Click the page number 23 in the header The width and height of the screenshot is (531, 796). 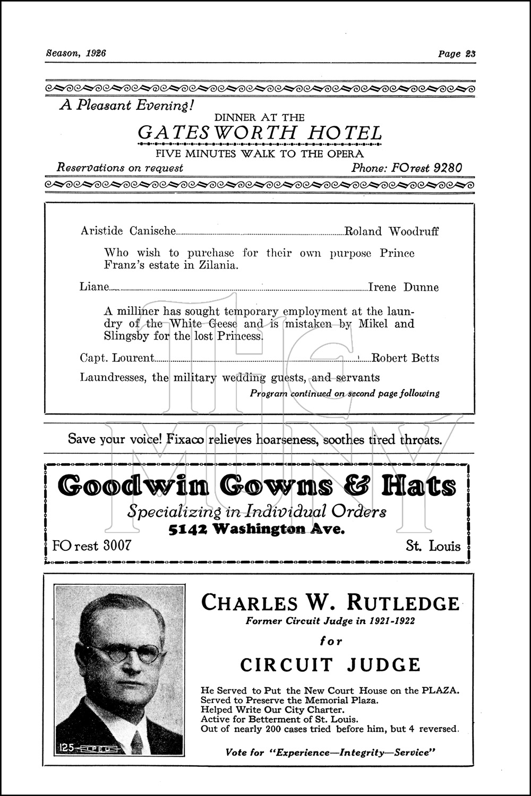470,54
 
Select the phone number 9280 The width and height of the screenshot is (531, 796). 448,168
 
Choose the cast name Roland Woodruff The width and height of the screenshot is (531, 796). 392,231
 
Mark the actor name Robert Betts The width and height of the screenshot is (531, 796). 405,358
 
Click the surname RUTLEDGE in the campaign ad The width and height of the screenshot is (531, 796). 403,603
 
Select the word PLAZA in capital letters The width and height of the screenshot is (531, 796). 440,691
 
